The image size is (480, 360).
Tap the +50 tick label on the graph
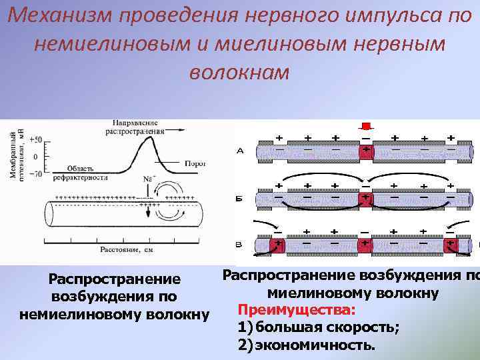36,139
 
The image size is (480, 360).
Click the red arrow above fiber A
365,126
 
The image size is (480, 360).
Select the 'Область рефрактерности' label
88,173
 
